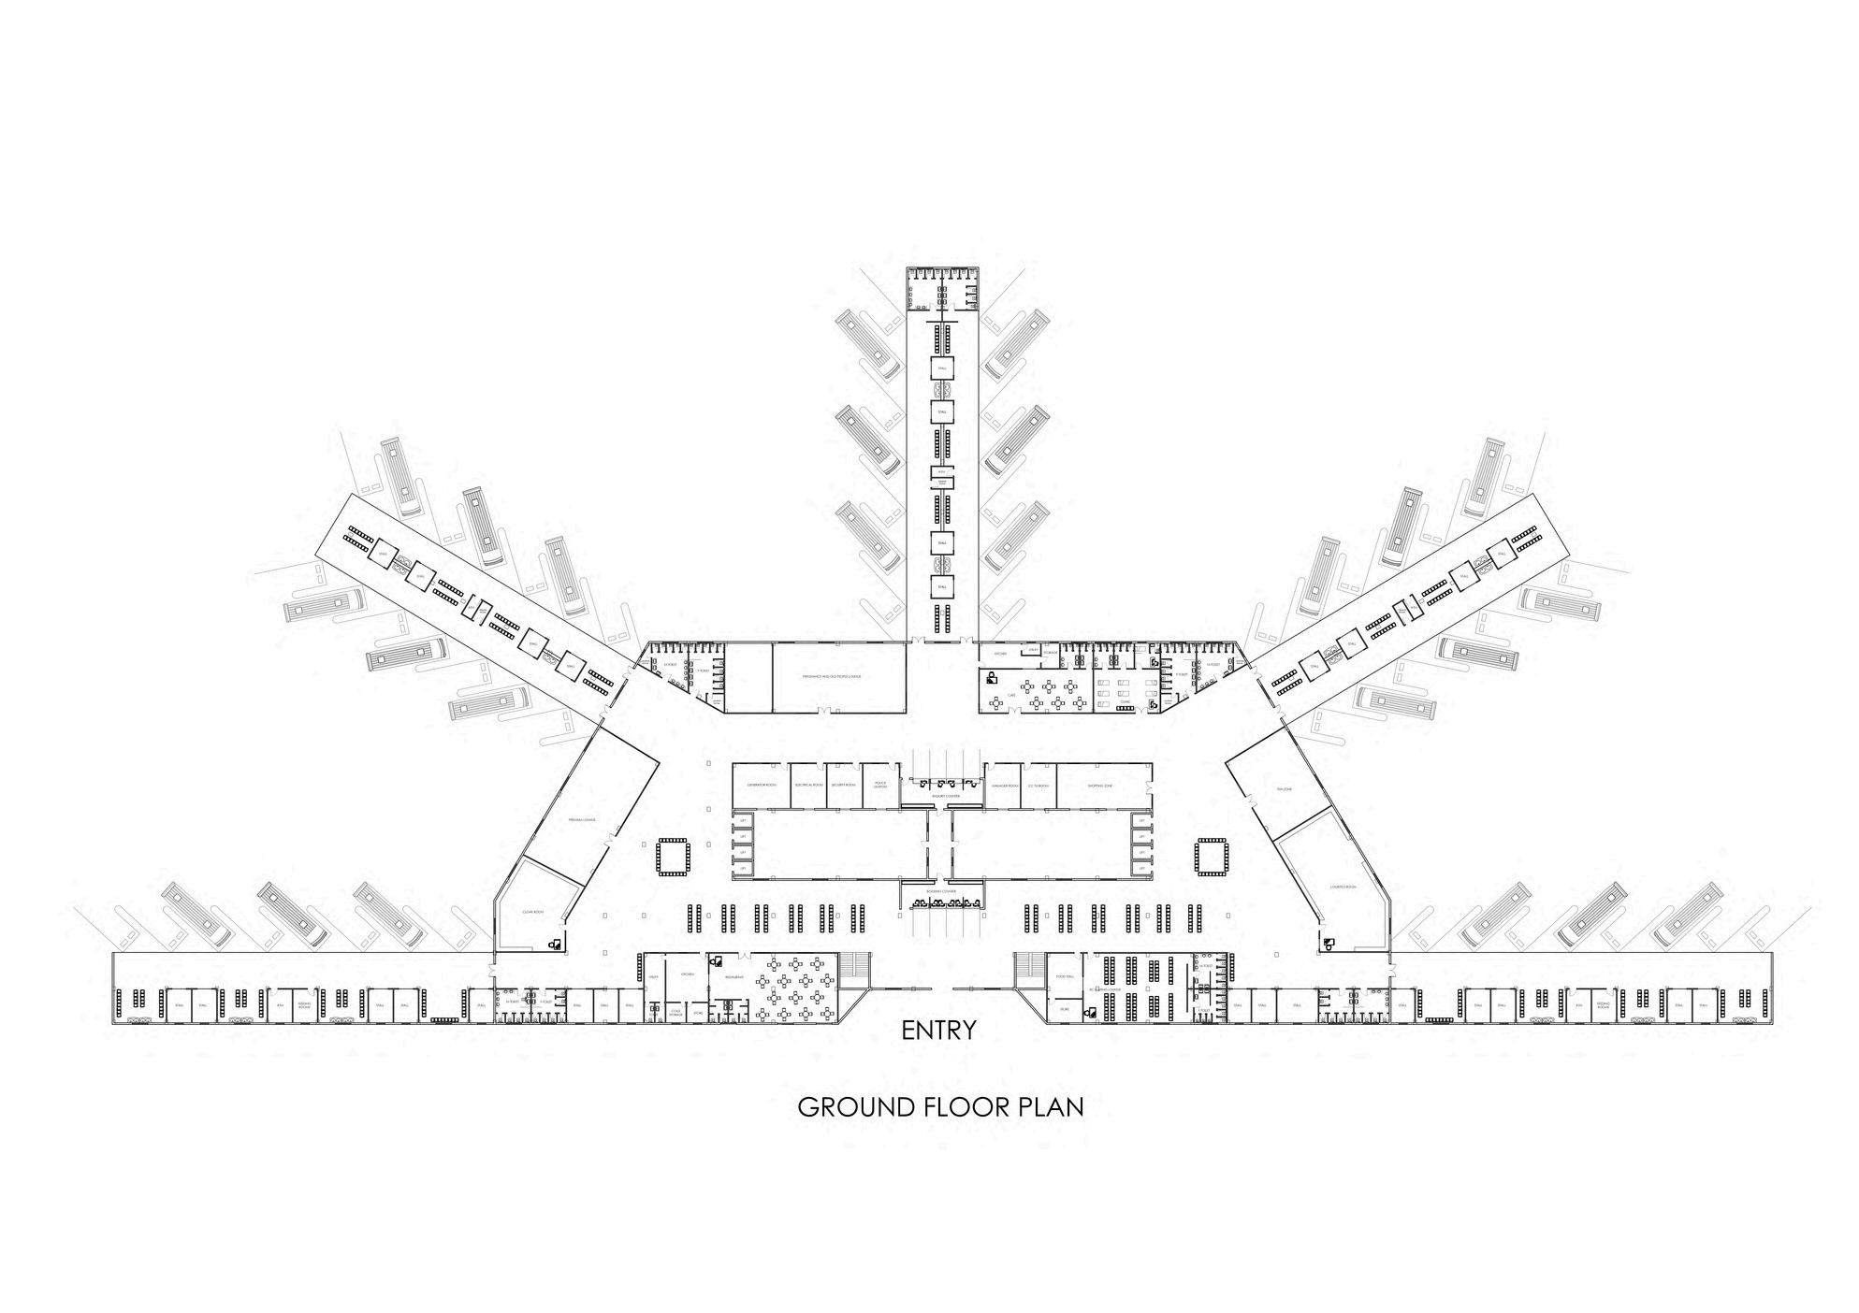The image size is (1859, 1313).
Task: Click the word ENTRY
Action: click(x=938, y=1031)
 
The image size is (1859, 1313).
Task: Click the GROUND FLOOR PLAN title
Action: click(x=940, y=1107)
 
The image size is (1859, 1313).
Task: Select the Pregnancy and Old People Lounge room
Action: click(x=838, y=676)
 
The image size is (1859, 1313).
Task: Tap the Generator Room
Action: click(x=760, y=785)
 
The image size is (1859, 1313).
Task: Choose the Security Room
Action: click(x=845, y=785)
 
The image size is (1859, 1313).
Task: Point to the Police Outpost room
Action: click(x=879, y=785)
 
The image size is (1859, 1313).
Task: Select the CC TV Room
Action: click(x=1037, y=785)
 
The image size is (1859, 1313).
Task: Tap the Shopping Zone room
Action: click(x=1100, y=785)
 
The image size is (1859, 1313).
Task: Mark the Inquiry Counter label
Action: click(x=946, y=796)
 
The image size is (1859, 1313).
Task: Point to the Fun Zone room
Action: click(x=1284, y=790)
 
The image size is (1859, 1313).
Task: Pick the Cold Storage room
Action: click(x=675, y=1012)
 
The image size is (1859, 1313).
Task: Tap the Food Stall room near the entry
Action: click(x=1064, y=976)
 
